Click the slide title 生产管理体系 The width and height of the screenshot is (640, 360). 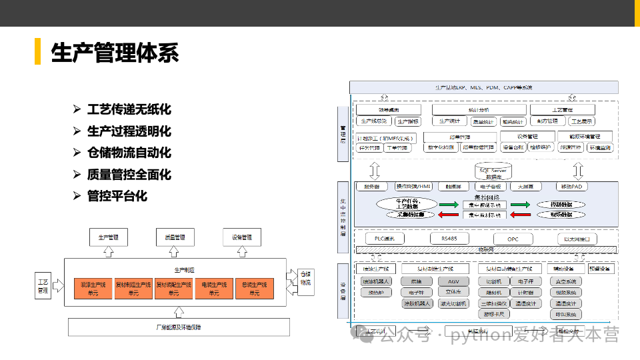pyautogui.click(x=115, y=53)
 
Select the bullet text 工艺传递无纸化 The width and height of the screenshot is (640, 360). pyautogui.click(x=129, y=109)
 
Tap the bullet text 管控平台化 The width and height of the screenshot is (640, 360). pyautogui.click(x=117, y=196)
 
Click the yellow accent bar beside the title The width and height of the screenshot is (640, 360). pyautogui.click(x=38, y=52)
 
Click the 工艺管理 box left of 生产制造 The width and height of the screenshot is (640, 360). pyautogui.click(x=43, y=285)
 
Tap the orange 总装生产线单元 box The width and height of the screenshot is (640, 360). pyautogui.click(x=254, y=289)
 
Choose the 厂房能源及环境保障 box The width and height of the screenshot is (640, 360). pyautogui.click(x=179, y=327)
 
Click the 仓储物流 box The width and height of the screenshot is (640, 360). pyautogui.click(x=305, y=278)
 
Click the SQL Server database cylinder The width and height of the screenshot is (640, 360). pyautogui.click(x=494, y=172)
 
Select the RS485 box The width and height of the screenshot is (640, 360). pyautogui.click(x=449, y=238)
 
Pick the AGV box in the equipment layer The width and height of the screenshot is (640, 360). pyautogui.click(x=453, y=281)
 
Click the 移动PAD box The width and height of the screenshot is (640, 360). pyautogui.click(x=571, y=187)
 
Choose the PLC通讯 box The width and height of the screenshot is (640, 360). pyautogui.click(x=385, y=238)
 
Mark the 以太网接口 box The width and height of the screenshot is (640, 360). pyautogui.click(x=577, y=239)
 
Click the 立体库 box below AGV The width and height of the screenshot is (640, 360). pyautogui.click(x=453, y=292)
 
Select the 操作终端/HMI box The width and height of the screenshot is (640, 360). pyautogui.click(x=413, y=187)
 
